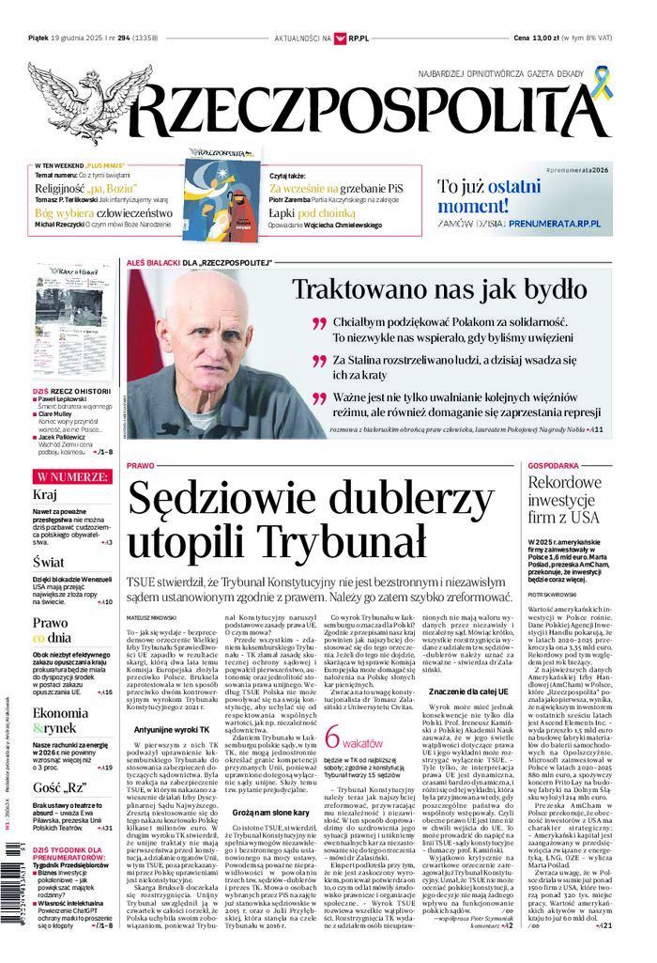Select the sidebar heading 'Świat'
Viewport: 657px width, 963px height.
pyautogui.click(x=48, y=562)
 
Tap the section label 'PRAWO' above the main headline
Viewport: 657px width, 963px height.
pyautogui.click(x=139, y=465)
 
